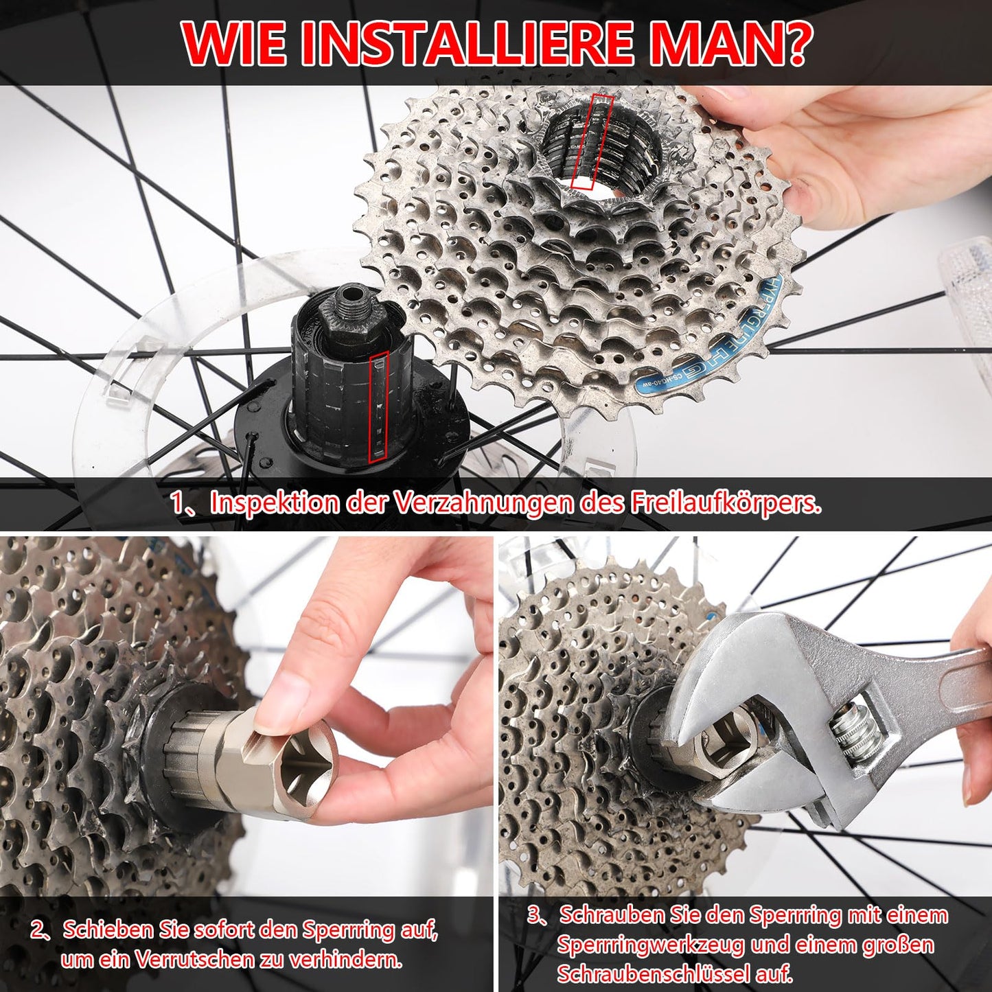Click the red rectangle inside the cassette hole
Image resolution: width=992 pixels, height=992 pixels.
[x=591, y=141]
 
